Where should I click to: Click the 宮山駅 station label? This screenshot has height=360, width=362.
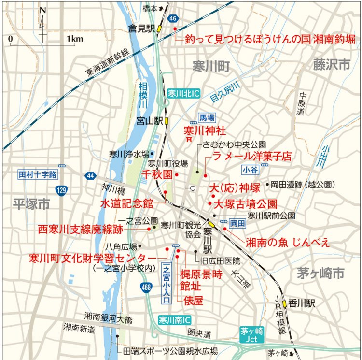tap(149, 121)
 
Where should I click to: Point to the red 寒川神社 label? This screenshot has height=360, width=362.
tap(204, 130)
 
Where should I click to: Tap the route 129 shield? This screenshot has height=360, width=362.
tap(61, 190)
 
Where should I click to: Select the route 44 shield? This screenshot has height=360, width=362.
tap(91, 175)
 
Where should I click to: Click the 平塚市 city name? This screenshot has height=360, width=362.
tap(32, 204)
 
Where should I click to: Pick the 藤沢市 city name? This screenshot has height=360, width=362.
tap(331, 64)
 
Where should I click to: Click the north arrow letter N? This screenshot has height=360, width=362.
tap(43, 10)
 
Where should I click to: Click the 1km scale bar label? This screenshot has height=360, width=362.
tap(75, 39)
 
